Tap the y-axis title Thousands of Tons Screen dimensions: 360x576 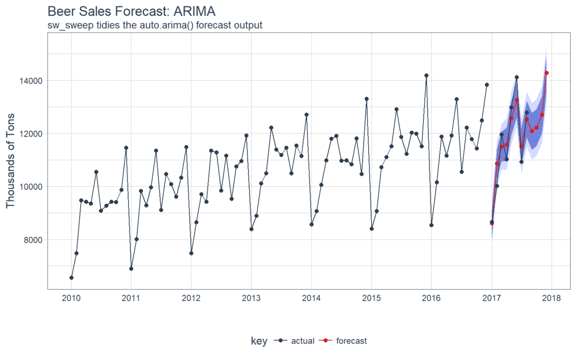point(11,161)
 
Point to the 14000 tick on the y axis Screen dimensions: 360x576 point(31,81)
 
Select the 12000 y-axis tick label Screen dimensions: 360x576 point(31,133)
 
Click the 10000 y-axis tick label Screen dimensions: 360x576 point(31,187)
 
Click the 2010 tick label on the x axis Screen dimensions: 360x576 point(71,298)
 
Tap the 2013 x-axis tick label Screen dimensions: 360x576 point(251,298)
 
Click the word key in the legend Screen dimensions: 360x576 point(259,341)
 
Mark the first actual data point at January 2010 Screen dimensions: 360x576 point(71,277)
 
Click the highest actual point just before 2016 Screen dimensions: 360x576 point(426,76)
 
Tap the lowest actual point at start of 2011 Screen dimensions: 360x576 point(131,268)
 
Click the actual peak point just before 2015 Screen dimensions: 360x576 point(366,99)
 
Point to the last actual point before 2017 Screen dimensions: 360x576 point(486,85)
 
